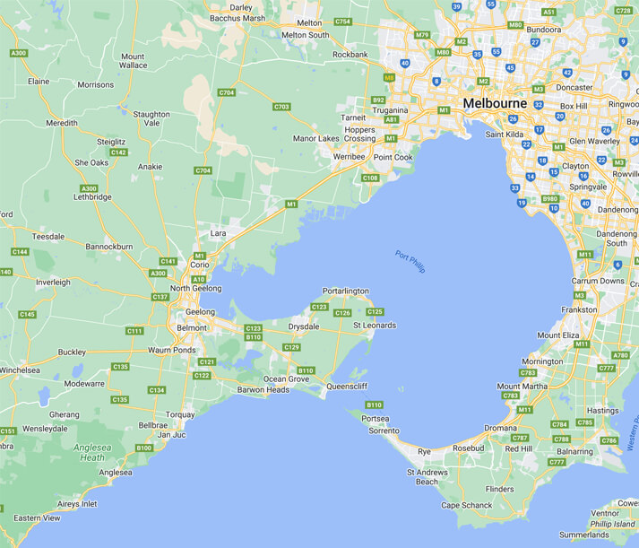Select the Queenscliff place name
pyautogui.click(x=347, y=387)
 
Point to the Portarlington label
pyautogui.click(x=345, y=291)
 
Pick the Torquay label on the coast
pyautogui.click(x=180, y=414)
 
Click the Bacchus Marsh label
pyautogui.click(x=237, y=18)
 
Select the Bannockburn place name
pyautogui.click(x=108, y=245)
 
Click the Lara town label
pyautogui.click(x=218, y=233)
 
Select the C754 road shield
pyautogui.click(x=341, y=22)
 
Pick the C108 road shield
pyautogui.click(x=370, y=178)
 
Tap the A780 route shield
pyautogui.click(x=619, y=355)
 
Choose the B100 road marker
pyautogui.click(x=143, y=448)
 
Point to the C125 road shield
pyautogui.click(x=375, y=312)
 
